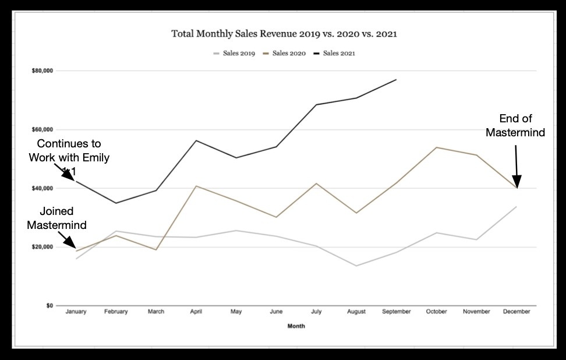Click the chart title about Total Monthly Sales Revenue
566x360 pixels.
point(284,34)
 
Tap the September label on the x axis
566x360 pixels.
point(396,312)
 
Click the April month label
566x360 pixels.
point(196,312)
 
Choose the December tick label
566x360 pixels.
point(517,312)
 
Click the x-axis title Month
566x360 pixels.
point(296,327)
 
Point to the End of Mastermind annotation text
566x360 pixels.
point(515,126)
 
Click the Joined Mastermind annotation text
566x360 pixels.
point(56,218)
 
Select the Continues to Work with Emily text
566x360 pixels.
point(69,151)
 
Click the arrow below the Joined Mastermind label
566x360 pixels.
point(68,240)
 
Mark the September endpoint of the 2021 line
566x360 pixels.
point(396,80)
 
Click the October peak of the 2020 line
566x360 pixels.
point(436,147)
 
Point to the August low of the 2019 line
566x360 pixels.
point(356,266)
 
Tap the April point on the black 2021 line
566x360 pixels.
point(196,140)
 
